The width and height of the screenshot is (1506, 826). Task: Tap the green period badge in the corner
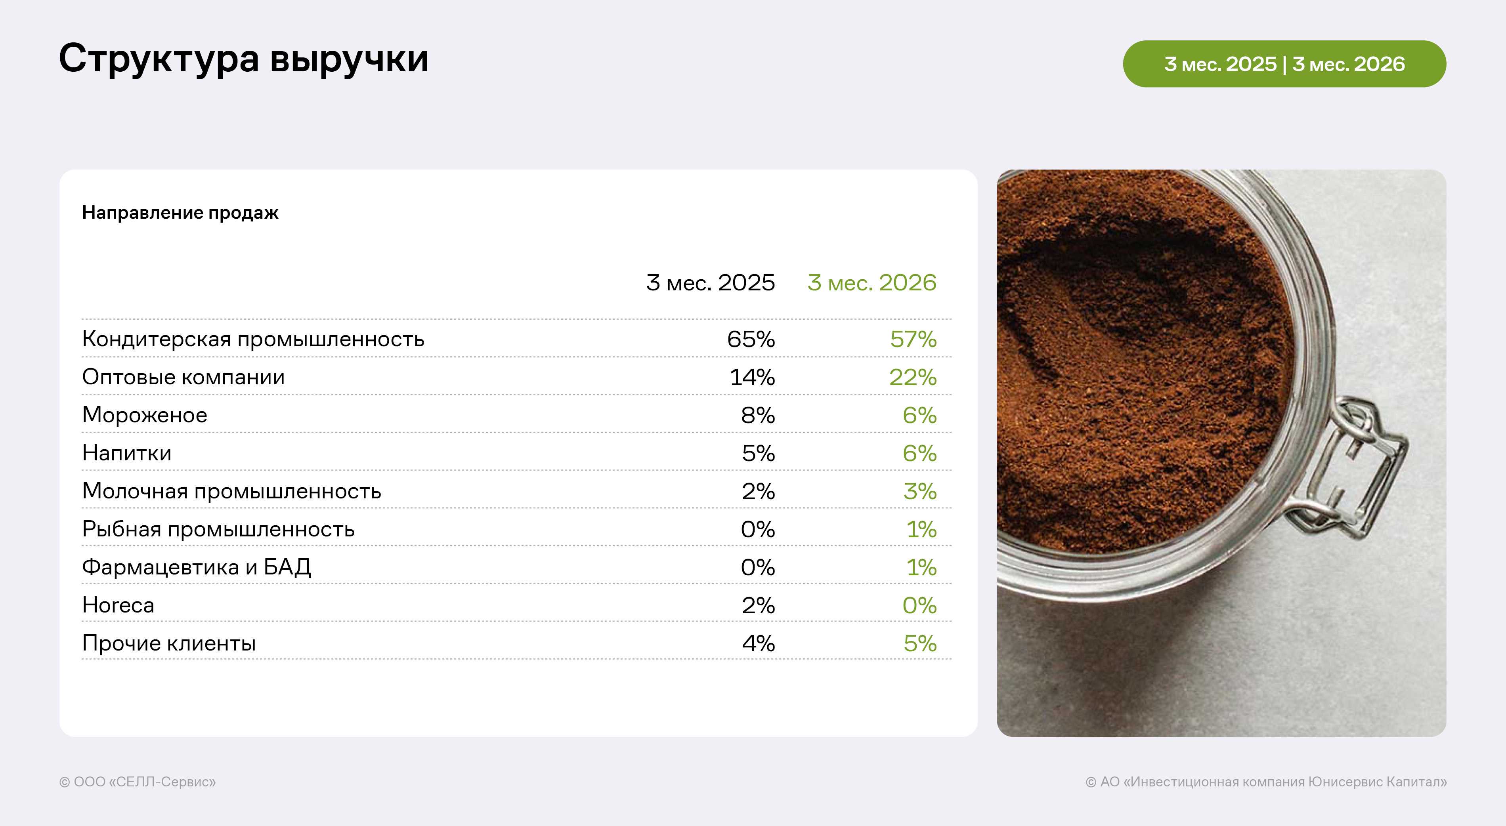point(1284,64)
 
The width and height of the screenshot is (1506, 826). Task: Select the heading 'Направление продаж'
point(180,213)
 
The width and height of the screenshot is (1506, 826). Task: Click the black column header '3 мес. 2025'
point(710,282)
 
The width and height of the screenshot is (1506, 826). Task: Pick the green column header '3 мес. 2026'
point(871,282)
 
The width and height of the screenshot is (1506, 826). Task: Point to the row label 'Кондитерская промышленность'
point(253,340)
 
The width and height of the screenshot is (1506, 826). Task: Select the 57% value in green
point(913,339)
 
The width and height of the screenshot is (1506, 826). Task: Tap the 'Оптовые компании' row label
point(183,377)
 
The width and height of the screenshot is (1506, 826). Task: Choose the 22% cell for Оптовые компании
point(913,377)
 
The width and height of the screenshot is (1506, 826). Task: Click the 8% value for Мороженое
point(758,415)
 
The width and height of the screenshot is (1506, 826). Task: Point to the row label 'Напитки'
point(127,453)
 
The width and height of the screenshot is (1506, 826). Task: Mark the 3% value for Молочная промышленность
point(919,491)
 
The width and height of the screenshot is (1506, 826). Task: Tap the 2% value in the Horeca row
point(758,605)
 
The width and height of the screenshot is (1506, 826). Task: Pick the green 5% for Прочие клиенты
point(919,643)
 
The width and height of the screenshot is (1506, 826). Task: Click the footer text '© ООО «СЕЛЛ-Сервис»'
point(138,782)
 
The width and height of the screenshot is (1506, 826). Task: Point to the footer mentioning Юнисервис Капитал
point(1266,782)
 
